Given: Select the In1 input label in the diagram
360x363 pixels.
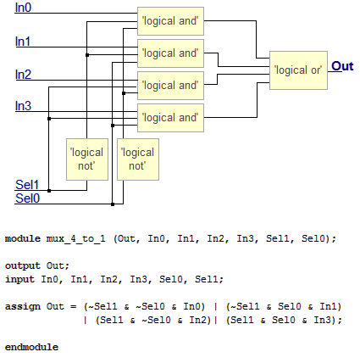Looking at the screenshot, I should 24,41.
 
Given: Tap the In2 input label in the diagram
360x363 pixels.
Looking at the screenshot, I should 24,75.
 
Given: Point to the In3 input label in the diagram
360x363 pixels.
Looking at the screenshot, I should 24,106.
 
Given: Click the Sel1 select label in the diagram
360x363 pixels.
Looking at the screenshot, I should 27,184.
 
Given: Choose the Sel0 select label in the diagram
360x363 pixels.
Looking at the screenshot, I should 27,198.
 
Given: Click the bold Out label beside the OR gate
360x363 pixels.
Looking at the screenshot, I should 342,66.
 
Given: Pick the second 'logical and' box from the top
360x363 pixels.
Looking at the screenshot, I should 170,53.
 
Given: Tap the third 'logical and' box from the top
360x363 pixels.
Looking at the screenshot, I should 170,85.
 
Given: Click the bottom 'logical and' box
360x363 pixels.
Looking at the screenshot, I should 170,117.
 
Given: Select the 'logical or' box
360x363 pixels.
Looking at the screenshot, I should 297,70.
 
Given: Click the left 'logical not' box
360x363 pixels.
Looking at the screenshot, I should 87,159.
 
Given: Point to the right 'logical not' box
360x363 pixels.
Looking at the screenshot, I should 137,159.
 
